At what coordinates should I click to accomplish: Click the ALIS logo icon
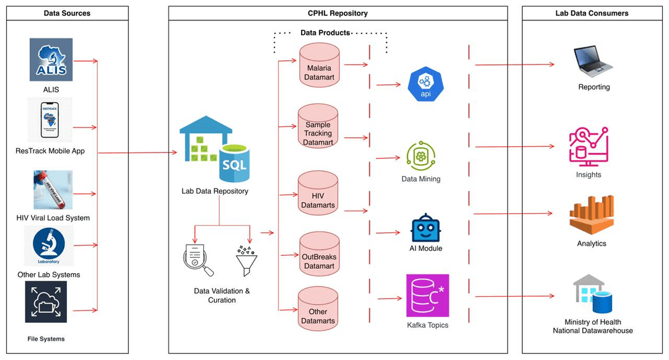coord(51,59)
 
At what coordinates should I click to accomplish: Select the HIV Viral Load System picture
coord(53,190)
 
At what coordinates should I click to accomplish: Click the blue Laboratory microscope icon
coord(49,246)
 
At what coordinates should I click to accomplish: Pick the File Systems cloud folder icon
coord(46,302)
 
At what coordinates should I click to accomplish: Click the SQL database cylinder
coord(235,162)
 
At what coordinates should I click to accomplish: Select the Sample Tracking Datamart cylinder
coord(318,127)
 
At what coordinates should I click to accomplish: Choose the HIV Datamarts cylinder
coord(318,195)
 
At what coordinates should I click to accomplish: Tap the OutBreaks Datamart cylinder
coord(318,255)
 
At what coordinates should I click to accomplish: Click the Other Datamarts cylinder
coord(318,309)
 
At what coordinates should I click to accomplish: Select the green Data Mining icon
coord(421,156)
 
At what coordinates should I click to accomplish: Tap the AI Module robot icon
coord(426,227)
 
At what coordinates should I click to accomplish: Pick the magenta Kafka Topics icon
coord(427,296)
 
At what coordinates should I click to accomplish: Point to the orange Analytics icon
coord(592,214)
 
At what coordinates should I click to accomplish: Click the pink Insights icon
coord(588,147)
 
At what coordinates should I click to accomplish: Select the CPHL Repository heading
coord(338,13)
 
